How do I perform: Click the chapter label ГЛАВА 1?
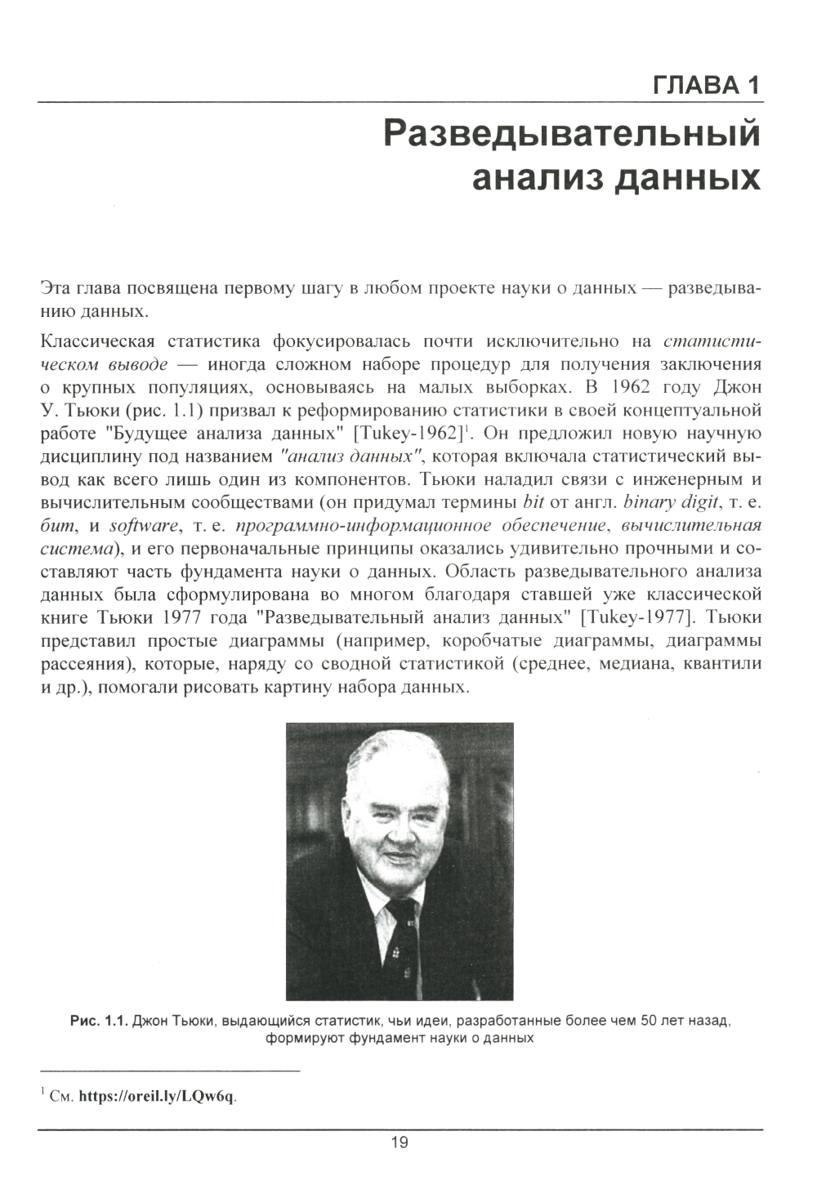[708, 84]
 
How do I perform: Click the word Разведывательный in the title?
[572, 133]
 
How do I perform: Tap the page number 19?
[400, 1142]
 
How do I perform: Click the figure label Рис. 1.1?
[99, 1022]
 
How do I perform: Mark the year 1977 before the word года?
[179, 615]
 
